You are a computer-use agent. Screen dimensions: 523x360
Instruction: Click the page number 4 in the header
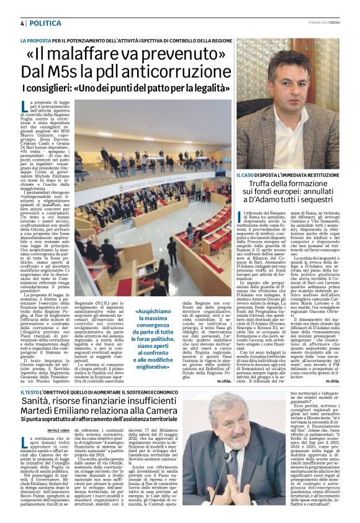click(22, 22)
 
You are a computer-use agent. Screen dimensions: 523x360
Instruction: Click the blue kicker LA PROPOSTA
click(39, 40)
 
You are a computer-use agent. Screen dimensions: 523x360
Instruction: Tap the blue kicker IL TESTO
click(30, 393)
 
